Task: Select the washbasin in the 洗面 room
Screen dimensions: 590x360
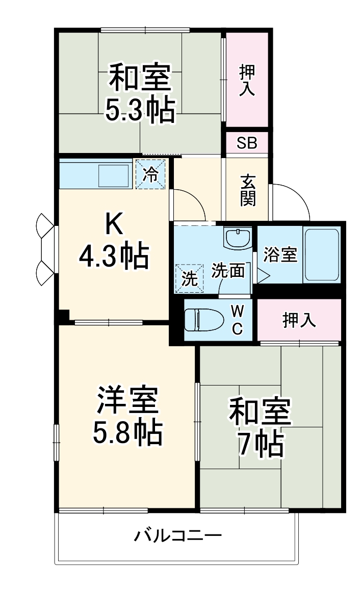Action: click(x=238, y=238)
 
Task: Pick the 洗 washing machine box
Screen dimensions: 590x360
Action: click(x=189, y=278)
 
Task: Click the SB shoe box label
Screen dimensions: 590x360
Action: click(x=247, y=143)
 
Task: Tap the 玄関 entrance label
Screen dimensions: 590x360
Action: click(x=248, y=190)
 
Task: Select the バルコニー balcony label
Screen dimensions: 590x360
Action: click(x=178, y=536)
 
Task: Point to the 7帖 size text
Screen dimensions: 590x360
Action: click(x=260, y=444)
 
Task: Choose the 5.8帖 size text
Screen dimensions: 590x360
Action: click(x=127, y=432)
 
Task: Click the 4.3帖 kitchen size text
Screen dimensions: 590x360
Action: click(x=114, y=255)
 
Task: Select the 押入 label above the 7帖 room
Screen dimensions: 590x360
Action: click(x=299, y=320)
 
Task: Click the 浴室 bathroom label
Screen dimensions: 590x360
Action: click(x=280, y=254)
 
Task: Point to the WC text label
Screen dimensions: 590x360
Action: click(x=237, y=320)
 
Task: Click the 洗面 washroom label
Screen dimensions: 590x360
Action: click(x=228, y=270)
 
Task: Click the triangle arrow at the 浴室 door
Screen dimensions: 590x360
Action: click(x=262, y=276)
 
